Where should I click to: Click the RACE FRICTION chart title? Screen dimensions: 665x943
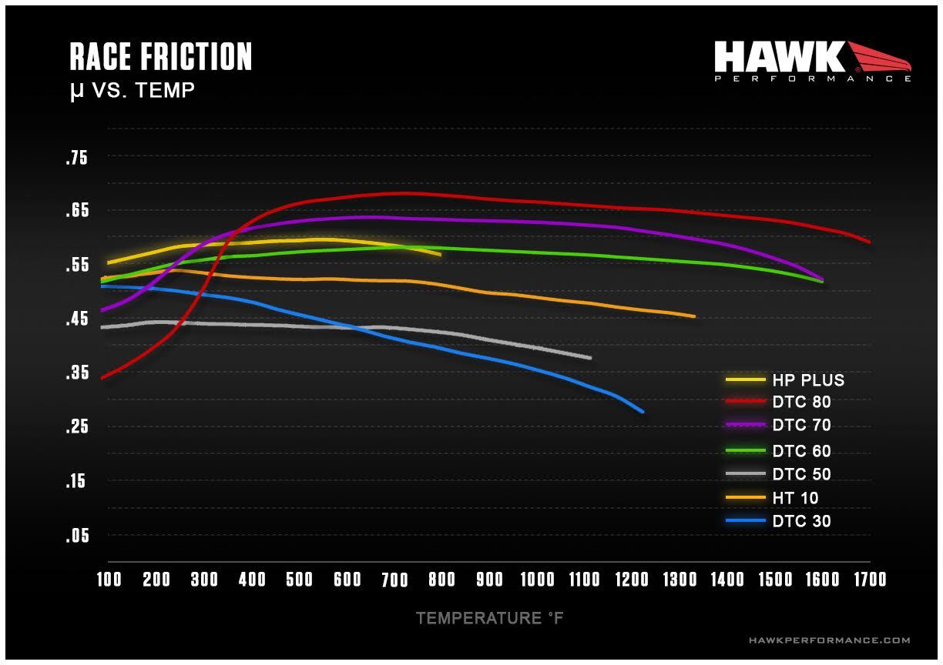tap(160, 57)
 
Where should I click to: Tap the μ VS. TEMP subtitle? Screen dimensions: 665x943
tap(132, 91)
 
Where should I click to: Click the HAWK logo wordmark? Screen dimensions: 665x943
tap(780, 58)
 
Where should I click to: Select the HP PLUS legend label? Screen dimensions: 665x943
tap(808, 380)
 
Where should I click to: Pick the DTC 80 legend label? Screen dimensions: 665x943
tap(801, 402)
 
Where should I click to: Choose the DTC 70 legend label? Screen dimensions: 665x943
tap(801, 425)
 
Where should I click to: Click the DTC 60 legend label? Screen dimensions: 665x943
tap(801, 452)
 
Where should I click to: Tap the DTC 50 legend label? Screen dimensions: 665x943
tap(801, 475)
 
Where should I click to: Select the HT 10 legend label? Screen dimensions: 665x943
tap(795, 499)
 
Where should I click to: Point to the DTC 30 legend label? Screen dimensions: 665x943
tap(801, 522)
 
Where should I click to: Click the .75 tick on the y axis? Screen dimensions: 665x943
tap(77, 159)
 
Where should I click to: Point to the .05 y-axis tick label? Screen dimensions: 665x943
tap(77, 536)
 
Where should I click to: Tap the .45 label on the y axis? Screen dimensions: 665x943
tap(77, 319)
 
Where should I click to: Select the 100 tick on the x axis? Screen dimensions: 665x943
tap(109, 580)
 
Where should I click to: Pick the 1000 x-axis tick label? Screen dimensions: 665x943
tap(537, 580)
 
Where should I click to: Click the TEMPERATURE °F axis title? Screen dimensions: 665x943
tap(490, 618)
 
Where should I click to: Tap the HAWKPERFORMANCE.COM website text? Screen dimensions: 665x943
tap(829, 640)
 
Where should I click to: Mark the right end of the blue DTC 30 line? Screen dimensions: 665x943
tap(642, 412)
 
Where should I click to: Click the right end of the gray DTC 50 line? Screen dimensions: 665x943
tap(590, 358)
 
